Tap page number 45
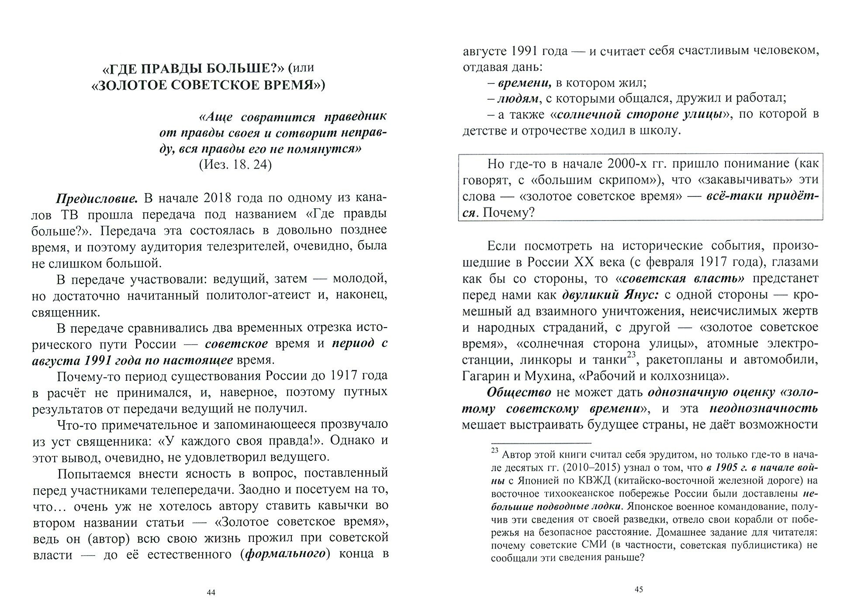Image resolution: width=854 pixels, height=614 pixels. (639, 590)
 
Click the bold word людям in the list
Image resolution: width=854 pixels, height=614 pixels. (518, 99)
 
